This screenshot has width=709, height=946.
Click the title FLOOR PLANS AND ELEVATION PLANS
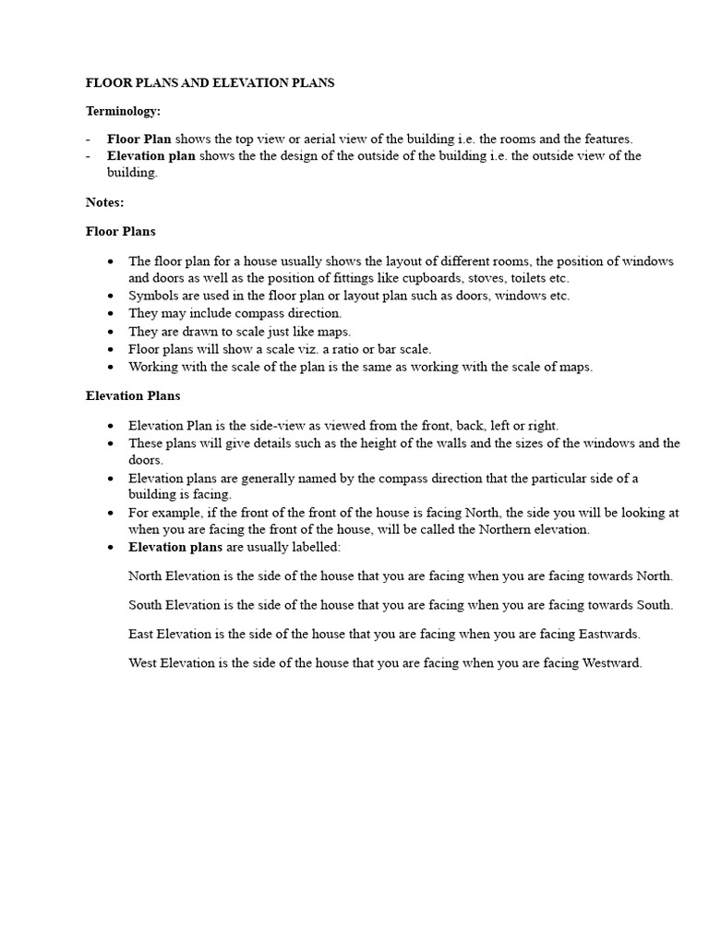(210, 83)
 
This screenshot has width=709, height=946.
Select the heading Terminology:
(123, 111)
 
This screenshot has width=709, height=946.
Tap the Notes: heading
(104, 201)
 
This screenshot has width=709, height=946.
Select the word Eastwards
(609, 635)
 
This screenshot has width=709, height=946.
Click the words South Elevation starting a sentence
(174, 605)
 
